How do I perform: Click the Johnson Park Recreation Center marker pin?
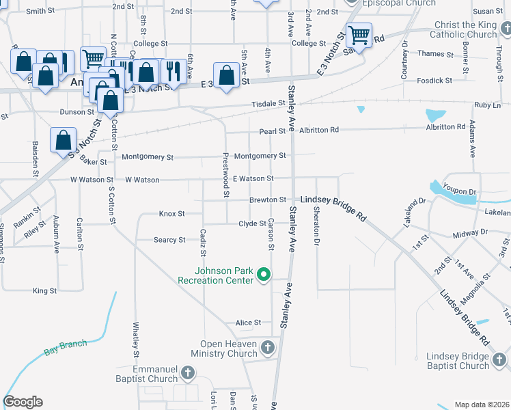264,275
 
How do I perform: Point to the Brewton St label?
267,200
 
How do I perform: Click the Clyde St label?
252,224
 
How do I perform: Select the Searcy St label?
169,240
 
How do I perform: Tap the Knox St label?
171,214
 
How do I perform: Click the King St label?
44,291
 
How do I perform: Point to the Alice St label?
248,323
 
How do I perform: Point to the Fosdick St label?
435,80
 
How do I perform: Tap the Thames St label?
430,53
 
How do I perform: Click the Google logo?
23,402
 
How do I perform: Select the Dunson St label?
77,111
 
